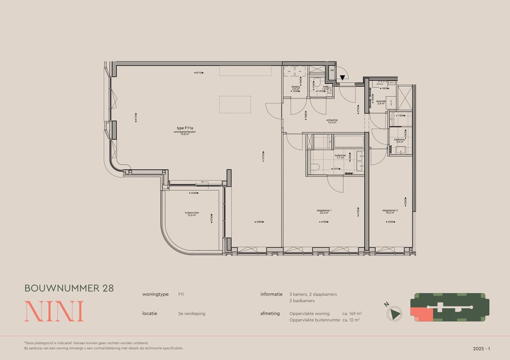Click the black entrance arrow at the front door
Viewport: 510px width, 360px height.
coord(342,78)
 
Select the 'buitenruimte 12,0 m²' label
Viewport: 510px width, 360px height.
coord(192,214)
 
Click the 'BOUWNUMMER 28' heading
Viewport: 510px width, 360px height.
coord(69,288)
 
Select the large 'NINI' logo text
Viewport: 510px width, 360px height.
coord(54,311)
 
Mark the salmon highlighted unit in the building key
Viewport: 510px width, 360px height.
coord(422,313)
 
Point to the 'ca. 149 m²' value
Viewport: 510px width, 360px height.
coord(352,313)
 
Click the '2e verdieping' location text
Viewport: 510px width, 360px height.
coord(192,313)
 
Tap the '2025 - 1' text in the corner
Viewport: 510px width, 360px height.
coord(482,349)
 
